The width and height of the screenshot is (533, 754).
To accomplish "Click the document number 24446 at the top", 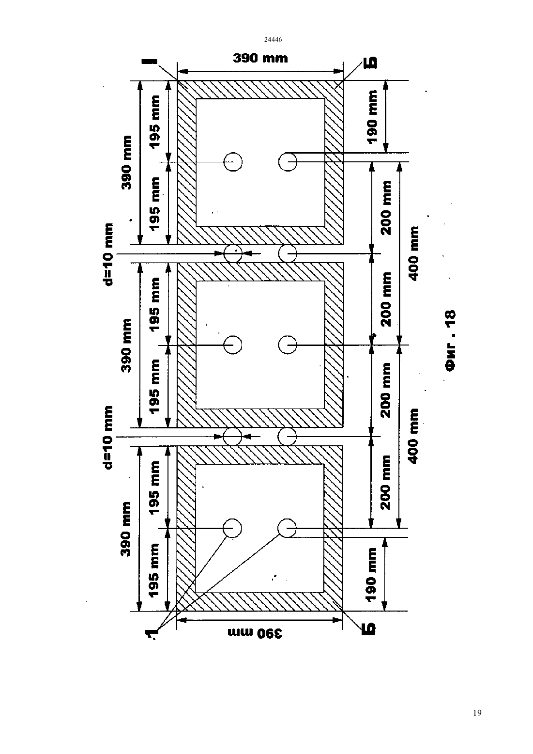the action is [273, 39].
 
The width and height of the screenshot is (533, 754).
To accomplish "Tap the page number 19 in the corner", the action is [477, 713].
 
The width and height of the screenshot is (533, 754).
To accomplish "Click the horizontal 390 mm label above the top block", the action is [260, 58].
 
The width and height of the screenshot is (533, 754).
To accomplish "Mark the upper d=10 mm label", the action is [108, 254].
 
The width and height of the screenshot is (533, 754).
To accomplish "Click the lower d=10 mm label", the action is [107, 437].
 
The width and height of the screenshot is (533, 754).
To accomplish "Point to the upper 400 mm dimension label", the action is [413, 253].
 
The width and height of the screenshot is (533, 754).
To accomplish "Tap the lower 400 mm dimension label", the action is [413, 436].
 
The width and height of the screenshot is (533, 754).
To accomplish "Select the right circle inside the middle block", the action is [288, 345].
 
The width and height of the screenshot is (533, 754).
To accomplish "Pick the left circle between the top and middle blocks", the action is [233, 253].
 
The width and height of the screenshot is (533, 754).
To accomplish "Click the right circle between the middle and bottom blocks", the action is [287, 437].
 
